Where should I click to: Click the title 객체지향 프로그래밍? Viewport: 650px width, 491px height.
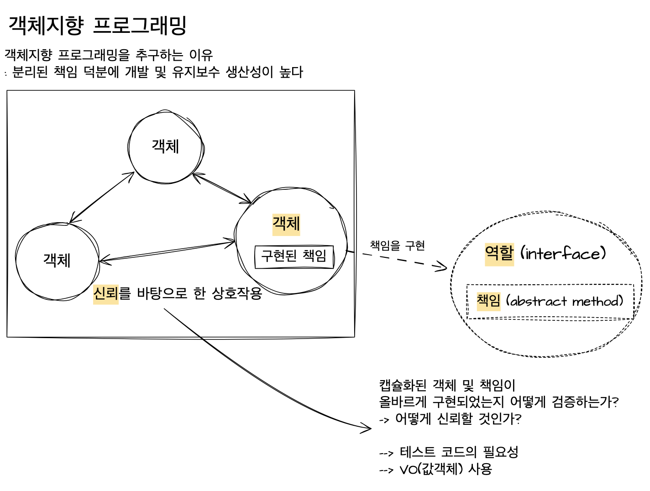[98, 25]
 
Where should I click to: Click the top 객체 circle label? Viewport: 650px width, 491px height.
[165, 146]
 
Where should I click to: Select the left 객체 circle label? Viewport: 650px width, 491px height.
[57, 260]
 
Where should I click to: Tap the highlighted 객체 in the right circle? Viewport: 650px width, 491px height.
[286, 224]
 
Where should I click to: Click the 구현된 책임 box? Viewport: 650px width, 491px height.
[294, 256]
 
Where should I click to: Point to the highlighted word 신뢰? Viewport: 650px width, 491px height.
[105, 293]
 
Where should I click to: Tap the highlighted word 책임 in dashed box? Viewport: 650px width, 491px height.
[488, 301]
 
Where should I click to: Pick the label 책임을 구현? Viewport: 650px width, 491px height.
[397, 246]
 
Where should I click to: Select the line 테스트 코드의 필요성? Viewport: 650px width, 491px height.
[459, 452]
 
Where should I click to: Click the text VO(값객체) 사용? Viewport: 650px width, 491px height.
[446, 469]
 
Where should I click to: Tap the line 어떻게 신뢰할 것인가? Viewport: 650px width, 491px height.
[458, 419]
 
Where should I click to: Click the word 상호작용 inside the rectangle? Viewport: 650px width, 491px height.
[237, 293]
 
